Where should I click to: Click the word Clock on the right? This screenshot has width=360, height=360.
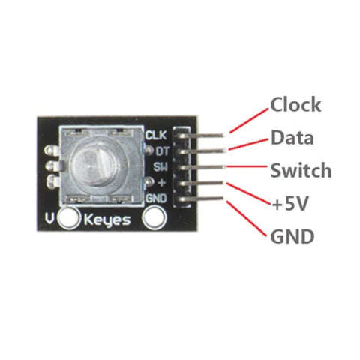coord(295,105)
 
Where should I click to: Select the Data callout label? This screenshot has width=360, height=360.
coord(292,137)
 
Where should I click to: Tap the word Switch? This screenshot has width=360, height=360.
coord(301,170)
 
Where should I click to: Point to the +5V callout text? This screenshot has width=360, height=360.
coord(290,204)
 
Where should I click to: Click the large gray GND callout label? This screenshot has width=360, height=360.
coord(292,236)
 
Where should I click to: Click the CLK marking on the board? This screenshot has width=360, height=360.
coord(156,135)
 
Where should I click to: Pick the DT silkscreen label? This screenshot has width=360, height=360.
coord(162,151)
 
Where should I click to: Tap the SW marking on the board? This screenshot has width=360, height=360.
coord(160,166)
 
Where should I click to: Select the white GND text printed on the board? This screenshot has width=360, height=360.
coord(156,199)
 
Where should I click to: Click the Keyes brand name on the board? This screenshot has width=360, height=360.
coord(107,220)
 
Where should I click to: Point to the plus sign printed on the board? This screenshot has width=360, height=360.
coord(162,183)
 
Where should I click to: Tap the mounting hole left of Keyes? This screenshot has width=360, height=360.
coord(68,218)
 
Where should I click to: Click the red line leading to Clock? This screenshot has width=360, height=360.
coord(249,121)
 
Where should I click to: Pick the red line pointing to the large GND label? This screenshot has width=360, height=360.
coord(247,218)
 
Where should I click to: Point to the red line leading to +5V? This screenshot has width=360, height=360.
coord(249,194)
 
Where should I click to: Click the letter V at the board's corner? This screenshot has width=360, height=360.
coord(49,219)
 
